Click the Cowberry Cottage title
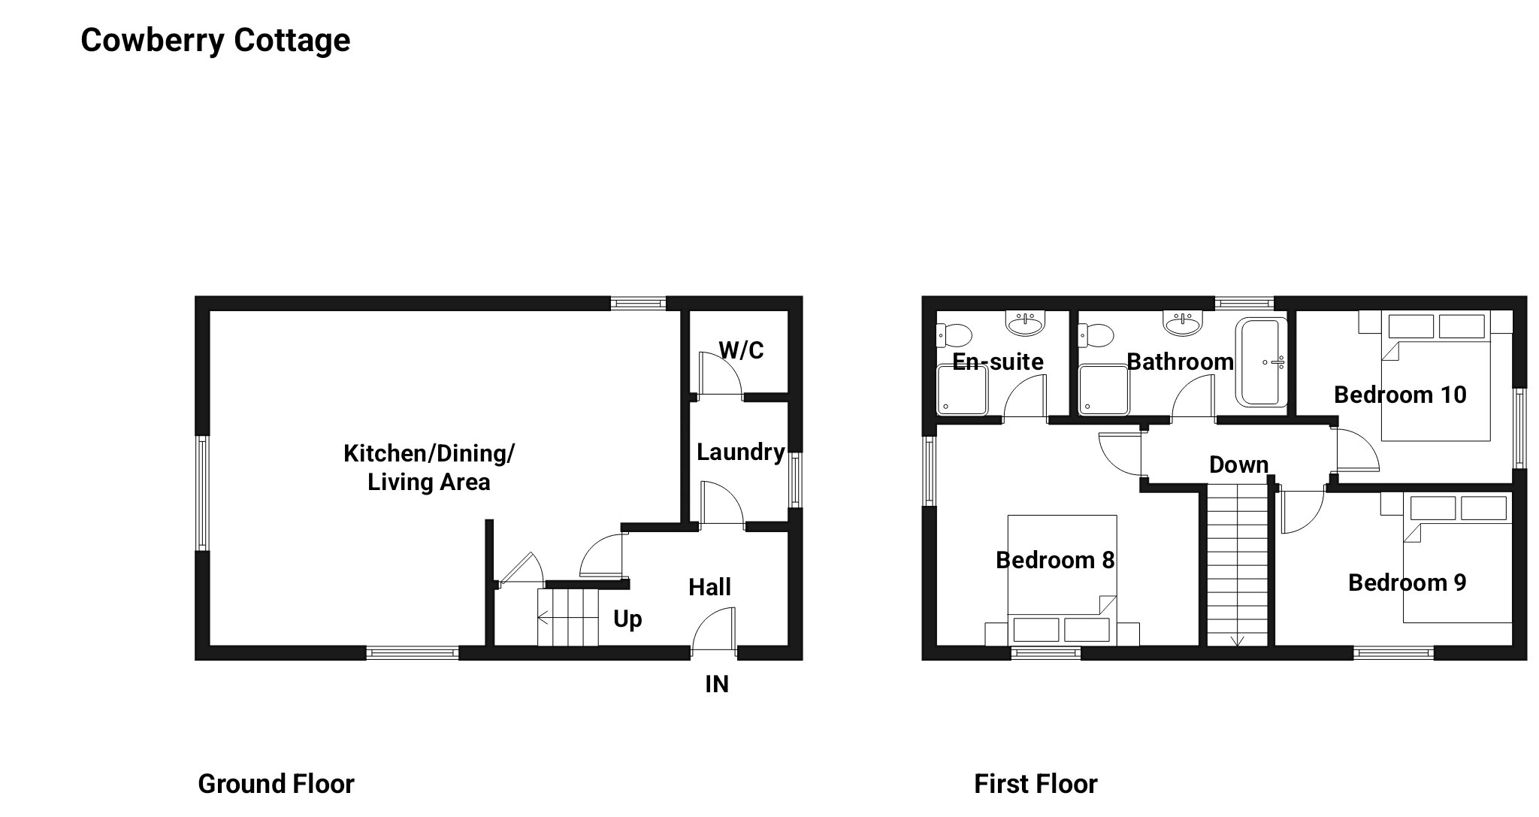click(215, 40)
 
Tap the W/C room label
click(741, 350)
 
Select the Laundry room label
click(740, 452)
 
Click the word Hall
click(709, 587)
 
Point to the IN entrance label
click(716, 684)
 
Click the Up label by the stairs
click(627, 619)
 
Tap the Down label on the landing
click(1238, 464)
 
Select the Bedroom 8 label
click(1054, 560)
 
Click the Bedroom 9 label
click(1407, 582)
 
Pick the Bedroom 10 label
click(1400, 395)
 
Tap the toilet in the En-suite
click(952, 334)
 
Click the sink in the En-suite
click(1025, 325)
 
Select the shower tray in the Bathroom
click(1104, 389)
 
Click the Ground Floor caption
click(276, 784)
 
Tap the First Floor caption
click(1035, 784)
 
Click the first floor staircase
click(1237, 564)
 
